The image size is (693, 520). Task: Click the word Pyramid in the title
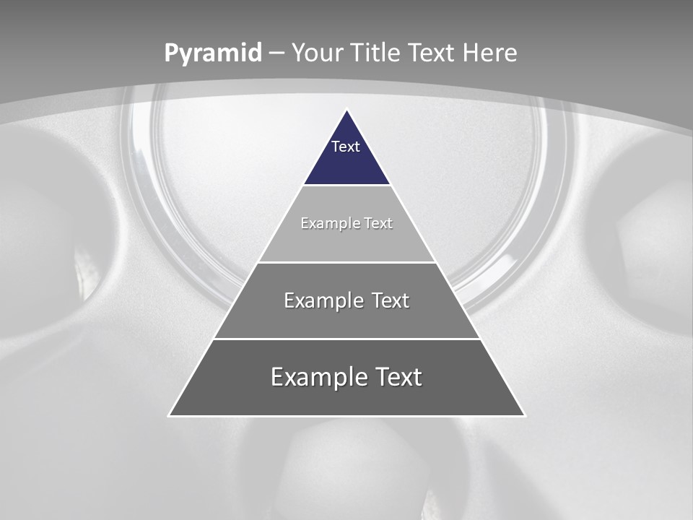coord(212,53)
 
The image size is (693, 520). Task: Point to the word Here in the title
coord(490,53)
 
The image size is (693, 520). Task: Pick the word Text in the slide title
coord(432,53)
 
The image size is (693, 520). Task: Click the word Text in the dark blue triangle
coord(346,147)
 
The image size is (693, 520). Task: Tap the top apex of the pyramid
coord(346,110)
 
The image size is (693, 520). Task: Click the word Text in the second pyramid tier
coord(378,223)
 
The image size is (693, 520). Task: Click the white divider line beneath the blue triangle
coord(346,186)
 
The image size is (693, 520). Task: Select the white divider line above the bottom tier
coord(346,339)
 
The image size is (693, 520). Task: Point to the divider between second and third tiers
coord(346,262)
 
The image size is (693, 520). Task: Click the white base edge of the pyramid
coord(346,416)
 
